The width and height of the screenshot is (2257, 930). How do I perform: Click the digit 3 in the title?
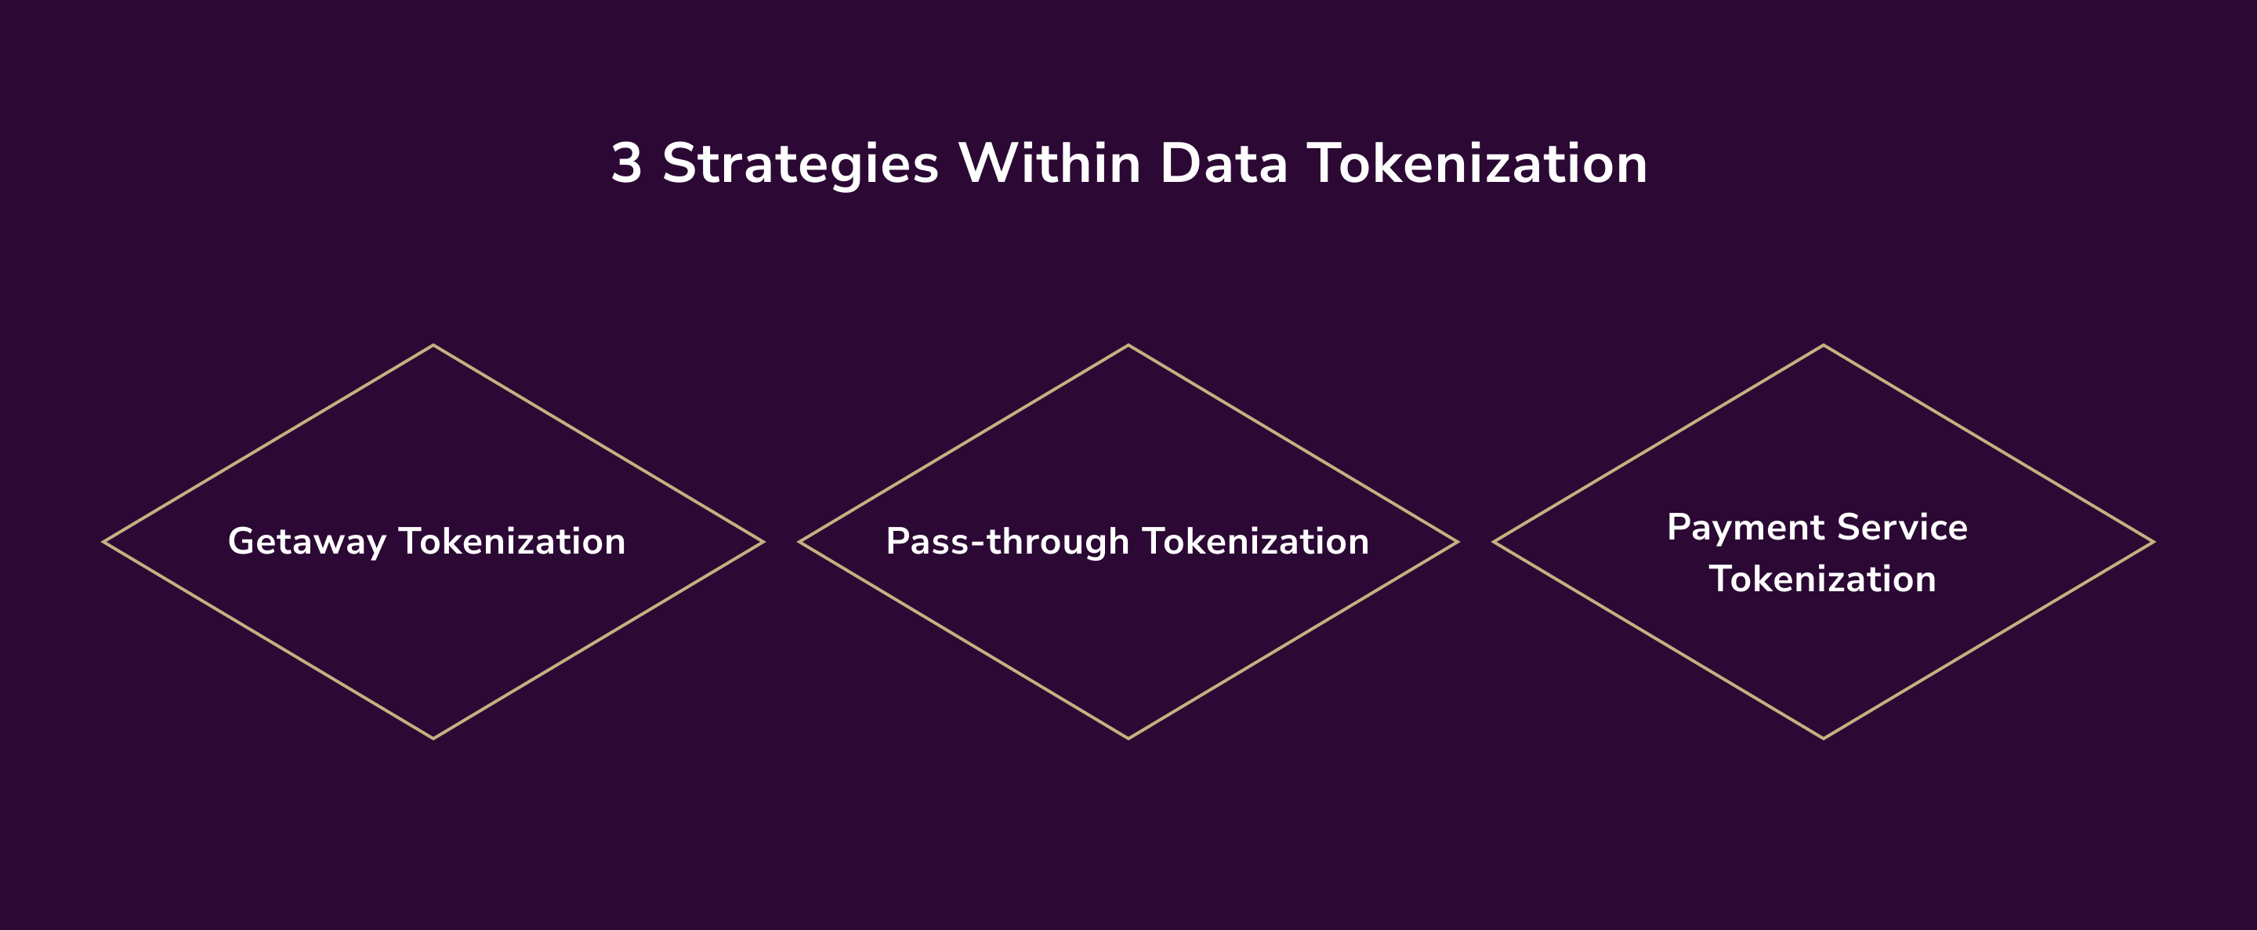point(626,164)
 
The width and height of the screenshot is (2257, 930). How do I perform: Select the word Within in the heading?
point(1049,164)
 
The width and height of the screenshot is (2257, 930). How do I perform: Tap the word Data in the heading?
point(1223,164)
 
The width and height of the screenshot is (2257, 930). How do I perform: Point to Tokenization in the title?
point(1477,164)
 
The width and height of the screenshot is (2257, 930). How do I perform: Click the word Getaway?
point(306,543)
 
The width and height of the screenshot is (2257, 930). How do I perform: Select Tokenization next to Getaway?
point(513,542)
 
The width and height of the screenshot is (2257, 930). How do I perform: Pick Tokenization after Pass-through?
point(1255,542)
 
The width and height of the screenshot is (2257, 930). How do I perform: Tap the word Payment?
point(1745,529)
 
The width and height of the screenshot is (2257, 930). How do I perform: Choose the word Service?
point(1902,528)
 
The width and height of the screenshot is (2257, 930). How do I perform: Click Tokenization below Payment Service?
point(1822,579)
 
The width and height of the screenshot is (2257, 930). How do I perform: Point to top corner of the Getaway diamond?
point(433,347)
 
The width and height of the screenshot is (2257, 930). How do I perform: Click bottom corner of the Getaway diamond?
point(433,738)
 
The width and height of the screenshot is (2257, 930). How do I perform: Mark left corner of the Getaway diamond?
point(104,542)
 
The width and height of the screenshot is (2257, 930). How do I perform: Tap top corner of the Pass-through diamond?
point(1128,347)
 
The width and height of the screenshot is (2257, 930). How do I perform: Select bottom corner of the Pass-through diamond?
point(1128,738)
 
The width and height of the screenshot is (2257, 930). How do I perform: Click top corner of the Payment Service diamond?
point(1824,347)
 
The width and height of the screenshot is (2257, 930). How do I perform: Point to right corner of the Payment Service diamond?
point(2153,542)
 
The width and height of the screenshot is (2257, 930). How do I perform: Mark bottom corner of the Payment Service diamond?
point(1824,738)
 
